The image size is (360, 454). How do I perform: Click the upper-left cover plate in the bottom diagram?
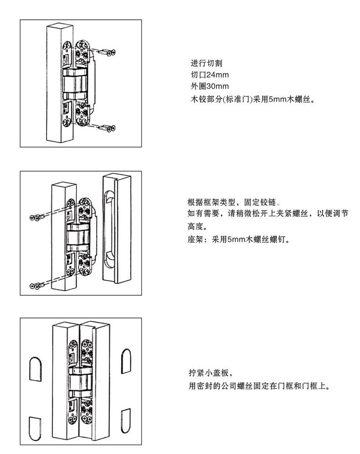coord(36,368)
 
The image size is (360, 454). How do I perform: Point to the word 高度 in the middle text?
coord(197,226)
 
